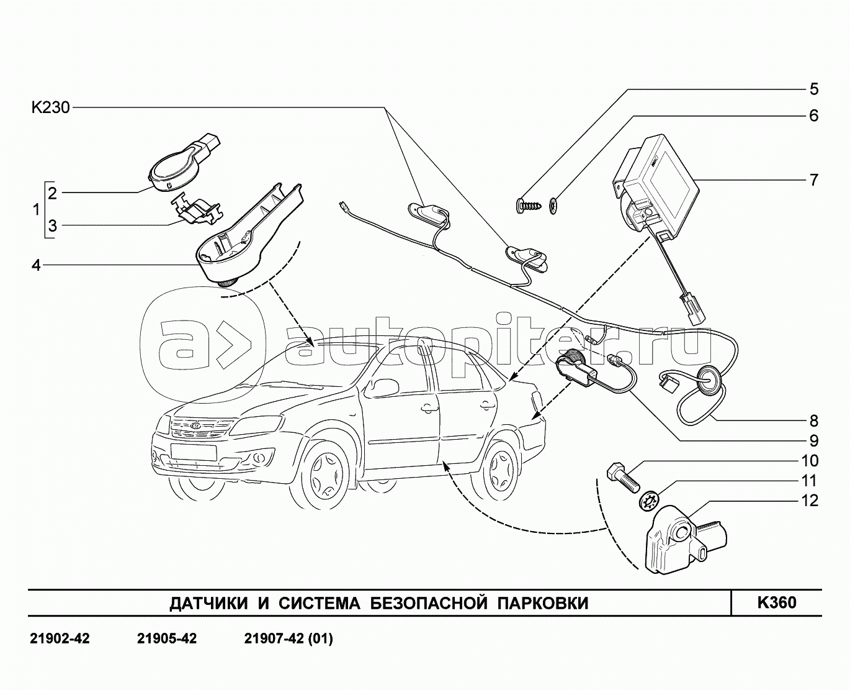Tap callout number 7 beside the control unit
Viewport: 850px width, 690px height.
813,180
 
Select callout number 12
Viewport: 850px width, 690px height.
810,501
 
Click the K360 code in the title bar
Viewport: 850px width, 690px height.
776,602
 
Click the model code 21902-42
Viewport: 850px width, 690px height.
60,639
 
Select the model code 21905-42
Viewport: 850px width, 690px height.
166,639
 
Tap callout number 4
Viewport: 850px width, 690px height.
36,265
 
